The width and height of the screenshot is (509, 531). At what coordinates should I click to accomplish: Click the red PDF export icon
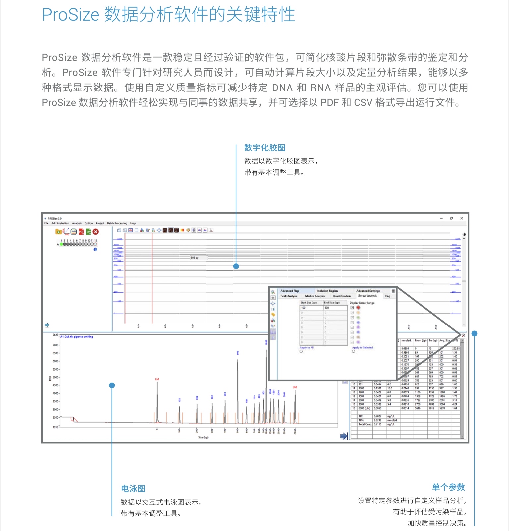point(81,232)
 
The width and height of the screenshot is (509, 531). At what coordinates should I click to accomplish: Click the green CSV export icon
point(88,232)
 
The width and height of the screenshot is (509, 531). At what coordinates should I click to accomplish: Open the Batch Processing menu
point(117,223)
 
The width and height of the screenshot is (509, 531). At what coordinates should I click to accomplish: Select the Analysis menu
point(77,223)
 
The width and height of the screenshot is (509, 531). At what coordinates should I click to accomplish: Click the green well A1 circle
point(61,244)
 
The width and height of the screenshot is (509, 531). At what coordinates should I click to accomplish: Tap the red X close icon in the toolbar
point(96,232)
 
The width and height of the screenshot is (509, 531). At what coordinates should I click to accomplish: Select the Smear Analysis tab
point(368,296)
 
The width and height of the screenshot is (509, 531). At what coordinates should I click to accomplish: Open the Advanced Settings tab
point(368,291)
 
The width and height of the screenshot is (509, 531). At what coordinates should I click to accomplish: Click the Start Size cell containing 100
point(311,308)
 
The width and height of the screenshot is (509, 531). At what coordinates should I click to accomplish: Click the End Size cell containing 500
point(335,308)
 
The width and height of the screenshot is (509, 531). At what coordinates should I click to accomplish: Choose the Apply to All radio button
point(301,351)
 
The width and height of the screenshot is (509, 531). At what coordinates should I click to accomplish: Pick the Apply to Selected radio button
point(353,351)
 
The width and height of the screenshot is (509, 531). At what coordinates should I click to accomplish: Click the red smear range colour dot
point(358,308)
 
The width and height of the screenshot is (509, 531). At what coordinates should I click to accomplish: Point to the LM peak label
point(157,379)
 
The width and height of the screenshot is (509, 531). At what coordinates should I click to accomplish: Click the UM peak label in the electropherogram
point(295,387)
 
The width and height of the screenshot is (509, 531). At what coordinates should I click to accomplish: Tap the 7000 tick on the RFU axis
point(55,345)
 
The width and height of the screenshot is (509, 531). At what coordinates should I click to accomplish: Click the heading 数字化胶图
point(264,148)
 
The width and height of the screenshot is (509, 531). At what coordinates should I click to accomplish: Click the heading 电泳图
point(133,489)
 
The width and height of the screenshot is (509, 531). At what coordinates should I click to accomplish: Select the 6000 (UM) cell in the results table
point(364,408)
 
